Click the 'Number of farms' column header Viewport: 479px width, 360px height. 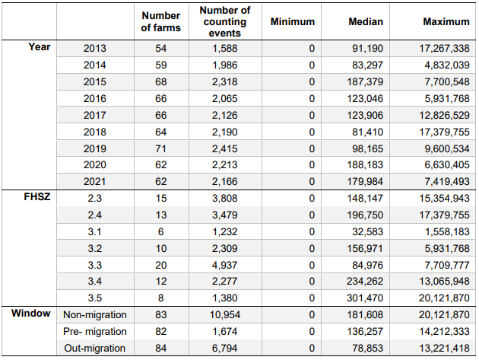coord(161,21)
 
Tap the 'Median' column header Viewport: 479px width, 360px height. coord(366,21)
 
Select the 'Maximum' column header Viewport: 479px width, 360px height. coord(446,21)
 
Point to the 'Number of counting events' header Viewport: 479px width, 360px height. coord(225,21)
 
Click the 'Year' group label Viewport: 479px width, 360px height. coord(39,46)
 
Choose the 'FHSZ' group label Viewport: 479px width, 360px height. coord(37,196)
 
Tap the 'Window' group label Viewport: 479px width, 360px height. coord(31,313)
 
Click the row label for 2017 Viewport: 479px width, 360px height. coord(95,115)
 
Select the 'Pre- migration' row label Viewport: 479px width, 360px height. coord(95,331)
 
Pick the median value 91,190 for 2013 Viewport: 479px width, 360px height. coord(367,48)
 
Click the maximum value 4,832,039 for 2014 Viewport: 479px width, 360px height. coord(447,65)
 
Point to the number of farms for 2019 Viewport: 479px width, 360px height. coord(161,148)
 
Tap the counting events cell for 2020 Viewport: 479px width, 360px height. coord(225,165)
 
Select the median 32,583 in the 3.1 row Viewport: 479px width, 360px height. coord(367,231)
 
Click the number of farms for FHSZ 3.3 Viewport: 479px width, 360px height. coord(161,265)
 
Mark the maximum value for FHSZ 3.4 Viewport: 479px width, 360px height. coord(444,281)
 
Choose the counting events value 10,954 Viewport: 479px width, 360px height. coord(225,314)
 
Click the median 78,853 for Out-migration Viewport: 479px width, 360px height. coord(367,348)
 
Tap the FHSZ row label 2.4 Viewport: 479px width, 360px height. coord(95,215)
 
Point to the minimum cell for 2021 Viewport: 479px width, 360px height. coord(312,181)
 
